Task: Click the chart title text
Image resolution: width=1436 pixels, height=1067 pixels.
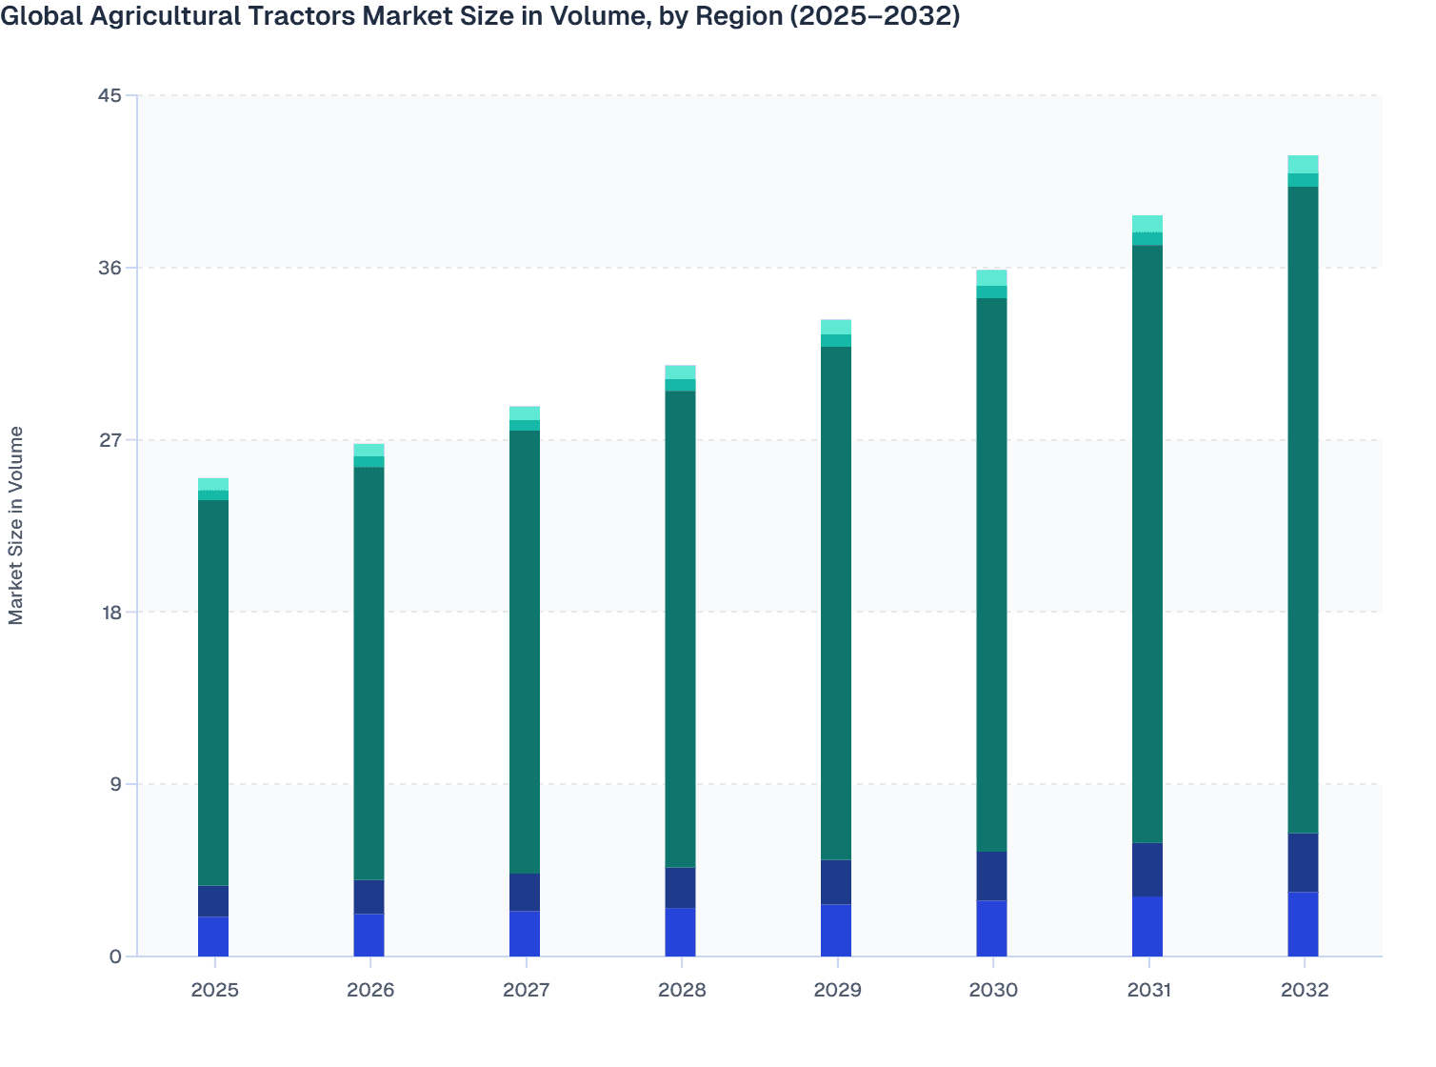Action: click(480, 16)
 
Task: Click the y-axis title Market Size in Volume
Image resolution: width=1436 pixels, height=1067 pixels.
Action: click(16, 525)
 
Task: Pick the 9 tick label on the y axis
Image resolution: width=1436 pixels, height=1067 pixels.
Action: click(115, 784)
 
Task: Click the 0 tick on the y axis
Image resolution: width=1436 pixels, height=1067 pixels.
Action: click(115, 956)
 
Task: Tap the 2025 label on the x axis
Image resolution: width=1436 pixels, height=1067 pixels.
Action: click(214, 990)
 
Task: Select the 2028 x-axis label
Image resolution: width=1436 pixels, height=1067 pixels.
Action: click(682, 990)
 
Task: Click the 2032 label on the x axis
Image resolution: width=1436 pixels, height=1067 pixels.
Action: click(1304, 990)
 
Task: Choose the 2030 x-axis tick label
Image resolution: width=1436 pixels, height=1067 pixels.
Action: click(992, 990)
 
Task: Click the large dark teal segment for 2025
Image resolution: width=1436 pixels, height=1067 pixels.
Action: click(213, 693)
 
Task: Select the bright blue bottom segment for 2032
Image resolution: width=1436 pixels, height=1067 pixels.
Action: click(1303, 924)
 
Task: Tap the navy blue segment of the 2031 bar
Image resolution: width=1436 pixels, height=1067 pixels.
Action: click(1147, 870)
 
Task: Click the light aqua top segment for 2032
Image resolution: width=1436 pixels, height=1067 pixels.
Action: click(1303, 164)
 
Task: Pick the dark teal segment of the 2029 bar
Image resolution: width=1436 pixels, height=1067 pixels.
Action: click(836, 603)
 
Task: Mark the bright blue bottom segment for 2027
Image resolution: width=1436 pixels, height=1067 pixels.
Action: click(525, 934)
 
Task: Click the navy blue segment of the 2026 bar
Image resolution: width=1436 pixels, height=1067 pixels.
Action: click(369, 896)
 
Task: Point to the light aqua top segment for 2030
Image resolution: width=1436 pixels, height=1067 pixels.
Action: click(991, 277)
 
